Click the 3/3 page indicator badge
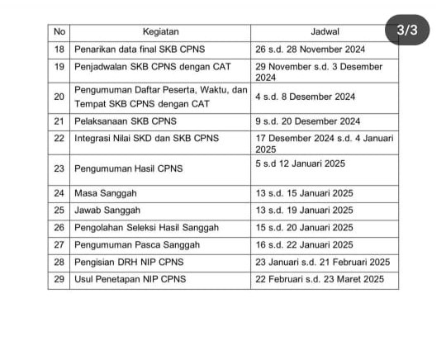(x=408, y=31)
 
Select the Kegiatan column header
(x=160, y=31)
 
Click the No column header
(x=58, y=31)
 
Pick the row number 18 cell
(x=58, y=50)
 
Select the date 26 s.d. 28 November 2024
(x=311, y=50)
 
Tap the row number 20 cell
(x=58, y=97)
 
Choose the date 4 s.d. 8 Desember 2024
(x=306, y=97)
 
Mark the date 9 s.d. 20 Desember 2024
(x=308, y=121)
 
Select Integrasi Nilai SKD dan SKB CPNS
(x=147, y=138)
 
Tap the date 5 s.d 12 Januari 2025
(x=301, y=163)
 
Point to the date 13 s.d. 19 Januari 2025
(x=305, y=210)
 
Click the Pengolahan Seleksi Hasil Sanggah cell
(x=146, y=227)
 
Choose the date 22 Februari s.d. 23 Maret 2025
(x=320, y=279)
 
